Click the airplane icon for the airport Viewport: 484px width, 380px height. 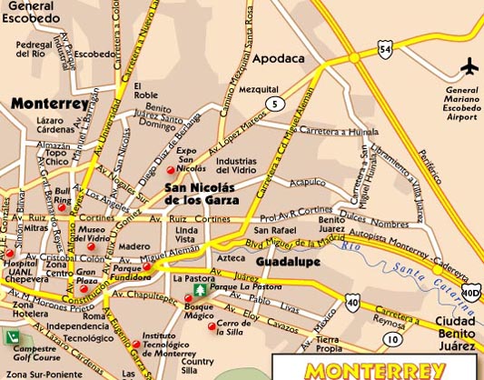click(x=469, y=66)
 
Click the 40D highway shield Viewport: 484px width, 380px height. click(x=469, y=291)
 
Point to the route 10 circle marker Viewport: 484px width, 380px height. click(x=391, y=339)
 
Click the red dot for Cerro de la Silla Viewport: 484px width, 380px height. click(x=212, y=326)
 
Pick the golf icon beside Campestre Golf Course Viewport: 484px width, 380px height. click(x=13, y=336)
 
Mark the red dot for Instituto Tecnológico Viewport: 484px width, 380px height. click(x=136, y=344)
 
